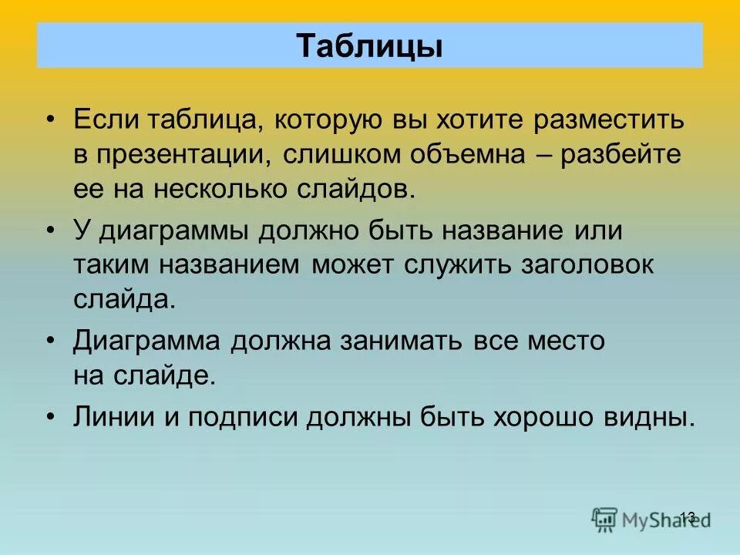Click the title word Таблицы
click(x=370, y=45)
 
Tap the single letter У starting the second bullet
click(x=82, y=230)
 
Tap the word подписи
click(x=241, y=417)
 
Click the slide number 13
click(x=688, y=517)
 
